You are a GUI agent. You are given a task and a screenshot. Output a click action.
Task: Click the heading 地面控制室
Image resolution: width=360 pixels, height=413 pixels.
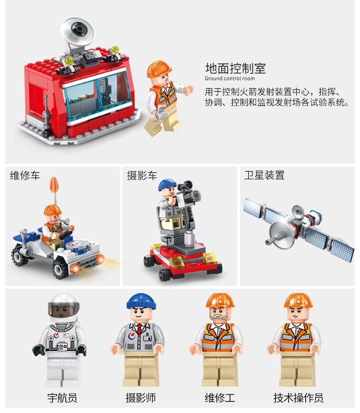(x=235, y=68)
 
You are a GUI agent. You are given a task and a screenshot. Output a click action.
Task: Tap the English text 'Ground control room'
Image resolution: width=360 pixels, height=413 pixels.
(x=230, y=79)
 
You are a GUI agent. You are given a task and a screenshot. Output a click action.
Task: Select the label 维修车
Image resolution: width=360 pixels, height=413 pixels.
(x=25, y=176)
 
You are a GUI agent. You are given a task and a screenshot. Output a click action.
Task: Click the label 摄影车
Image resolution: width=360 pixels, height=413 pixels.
(x=142, y=176)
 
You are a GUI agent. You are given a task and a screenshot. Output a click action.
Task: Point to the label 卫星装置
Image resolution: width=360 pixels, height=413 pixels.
(x=264, y=176)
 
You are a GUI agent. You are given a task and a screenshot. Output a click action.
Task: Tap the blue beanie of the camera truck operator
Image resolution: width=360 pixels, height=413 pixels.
(x=168, y=184)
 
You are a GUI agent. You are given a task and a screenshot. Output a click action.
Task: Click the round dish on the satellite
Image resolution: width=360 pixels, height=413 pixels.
(x=276, y=233)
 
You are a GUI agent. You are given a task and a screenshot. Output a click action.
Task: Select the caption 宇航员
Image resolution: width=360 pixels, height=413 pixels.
(x=62, y=398)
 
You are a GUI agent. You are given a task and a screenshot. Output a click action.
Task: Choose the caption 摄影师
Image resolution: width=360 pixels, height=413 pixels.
(x=141, y=398)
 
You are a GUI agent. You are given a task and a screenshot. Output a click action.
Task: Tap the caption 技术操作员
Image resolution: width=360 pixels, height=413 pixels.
(x=298, y=398)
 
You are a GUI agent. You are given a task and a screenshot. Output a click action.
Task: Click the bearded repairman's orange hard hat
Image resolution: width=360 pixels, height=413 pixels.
(x=219, y=300)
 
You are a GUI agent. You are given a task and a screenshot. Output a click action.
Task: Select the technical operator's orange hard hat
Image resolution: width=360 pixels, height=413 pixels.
(x=298, y=300)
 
